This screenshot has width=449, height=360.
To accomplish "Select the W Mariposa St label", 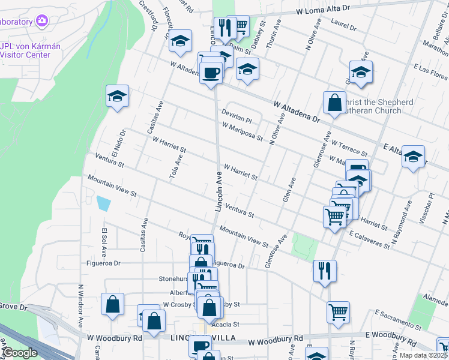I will pyautogui.click(x=242, y=132).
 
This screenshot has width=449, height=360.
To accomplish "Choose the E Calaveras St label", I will pyautogui.click(x=373, y=239).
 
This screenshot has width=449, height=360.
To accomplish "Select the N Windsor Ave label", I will pyautogui.click(x=80, y=305).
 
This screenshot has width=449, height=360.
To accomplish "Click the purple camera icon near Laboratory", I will pyautogui.click(x=41, y=22).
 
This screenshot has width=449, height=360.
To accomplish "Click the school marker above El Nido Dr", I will pyautogui.click(x=118, y=95).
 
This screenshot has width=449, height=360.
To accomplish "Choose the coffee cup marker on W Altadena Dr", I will pyautogui.click(x=211, y=73).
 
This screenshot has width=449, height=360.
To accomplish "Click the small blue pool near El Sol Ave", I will pyautogui.click(x=103, y=203).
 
